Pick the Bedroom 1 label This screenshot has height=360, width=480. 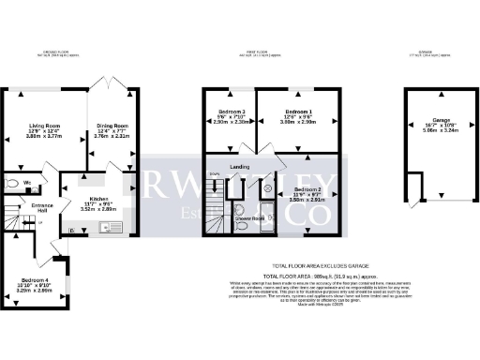pyautogui.click(x=298, y=111)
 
